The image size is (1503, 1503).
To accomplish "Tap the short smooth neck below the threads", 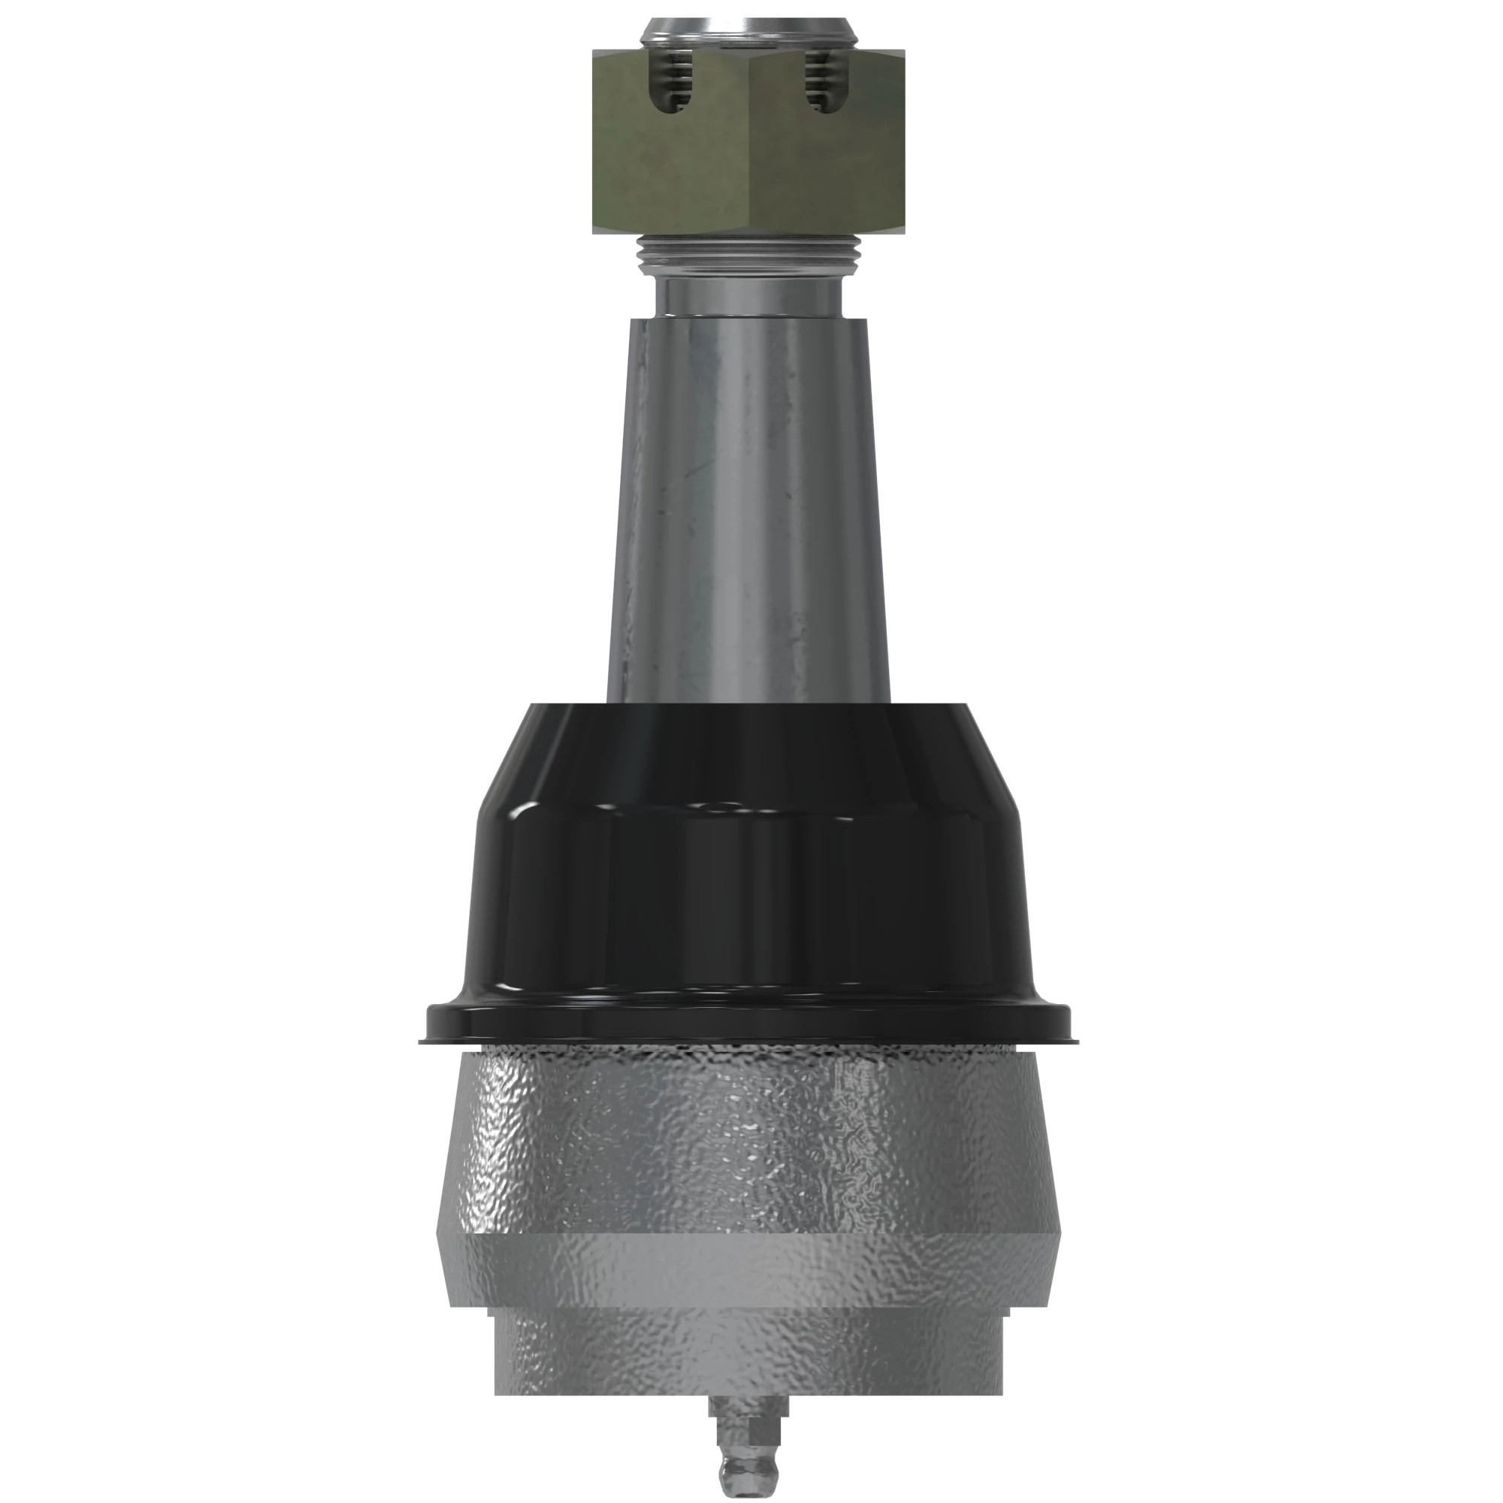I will coord(748,296).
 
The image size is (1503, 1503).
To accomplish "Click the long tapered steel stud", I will coord(748,506).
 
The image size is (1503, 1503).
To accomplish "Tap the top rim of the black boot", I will coord(748,709).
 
